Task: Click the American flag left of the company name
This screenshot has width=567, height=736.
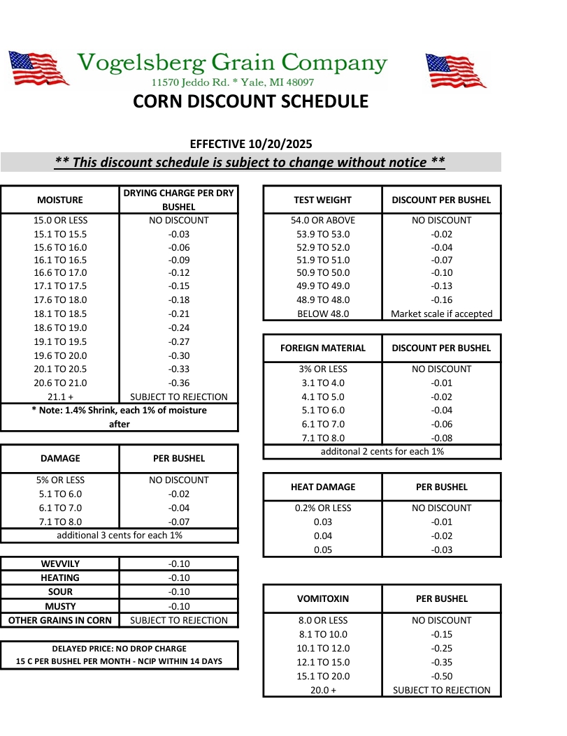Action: point(38,68)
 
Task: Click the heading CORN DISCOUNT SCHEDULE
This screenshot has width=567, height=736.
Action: point(250,102)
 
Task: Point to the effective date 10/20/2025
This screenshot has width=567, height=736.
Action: point(279,144)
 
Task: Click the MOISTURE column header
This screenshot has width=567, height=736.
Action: point(60,200)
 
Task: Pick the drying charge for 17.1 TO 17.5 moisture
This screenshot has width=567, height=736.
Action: point(179,286)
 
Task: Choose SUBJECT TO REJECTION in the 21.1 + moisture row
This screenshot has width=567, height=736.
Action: point(179,397)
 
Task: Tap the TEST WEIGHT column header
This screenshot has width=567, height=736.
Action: point(322,200)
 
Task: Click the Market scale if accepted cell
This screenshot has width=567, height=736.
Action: point(441,314)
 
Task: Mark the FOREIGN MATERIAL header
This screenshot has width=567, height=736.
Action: point(322,348)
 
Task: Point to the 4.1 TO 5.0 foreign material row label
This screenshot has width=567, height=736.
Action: point(322,397)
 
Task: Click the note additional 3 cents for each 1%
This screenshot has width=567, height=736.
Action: point(120,535)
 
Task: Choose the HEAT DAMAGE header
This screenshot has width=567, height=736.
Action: point(322,487)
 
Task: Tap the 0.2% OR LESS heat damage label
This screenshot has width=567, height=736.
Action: point(322,508)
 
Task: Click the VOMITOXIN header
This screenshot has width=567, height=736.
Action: point(322,598)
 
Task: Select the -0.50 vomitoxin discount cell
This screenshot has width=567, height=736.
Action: point(441,676)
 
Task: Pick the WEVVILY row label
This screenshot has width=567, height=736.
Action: point(60,564)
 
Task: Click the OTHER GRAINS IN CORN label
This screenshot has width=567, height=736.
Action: point(60,620)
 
